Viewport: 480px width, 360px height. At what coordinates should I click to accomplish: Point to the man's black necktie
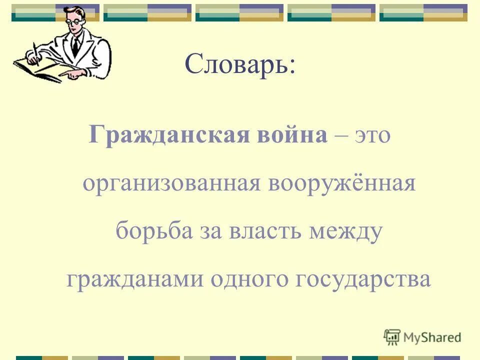(x=75, y=46)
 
